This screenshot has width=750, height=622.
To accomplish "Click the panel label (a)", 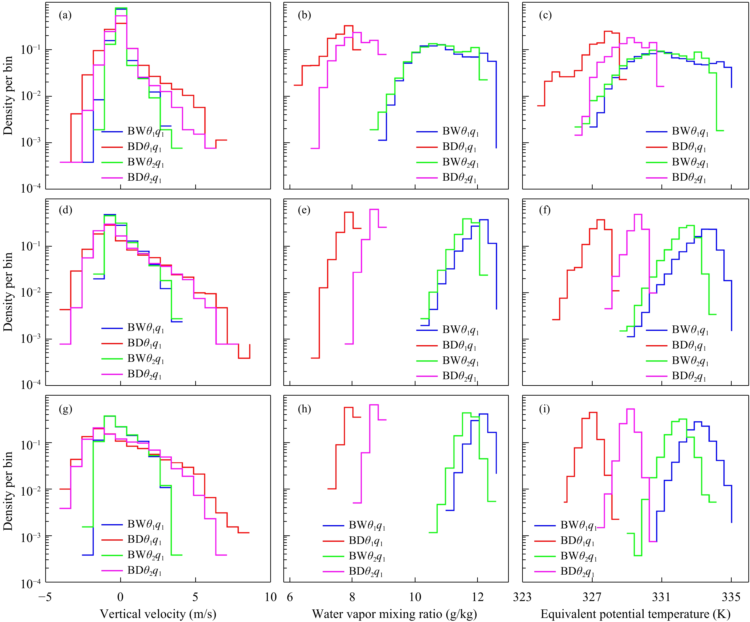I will (x=65, y=15).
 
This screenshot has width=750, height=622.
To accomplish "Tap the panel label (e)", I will (x=304, y=210).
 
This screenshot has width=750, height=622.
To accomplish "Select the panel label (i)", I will (x=545, y=409).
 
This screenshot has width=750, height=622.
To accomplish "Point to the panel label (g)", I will (x=65, y=409).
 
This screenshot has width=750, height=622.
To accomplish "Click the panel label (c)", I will (x=545, y=15).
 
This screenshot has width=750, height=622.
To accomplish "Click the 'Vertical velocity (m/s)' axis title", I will (x=158, y=614).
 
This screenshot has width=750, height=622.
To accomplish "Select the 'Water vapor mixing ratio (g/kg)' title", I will (x=394, y=614).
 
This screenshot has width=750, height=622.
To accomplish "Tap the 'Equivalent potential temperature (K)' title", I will (x=635, y=614).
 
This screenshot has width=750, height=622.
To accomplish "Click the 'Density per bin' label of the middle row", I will (x=8, y=292).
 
